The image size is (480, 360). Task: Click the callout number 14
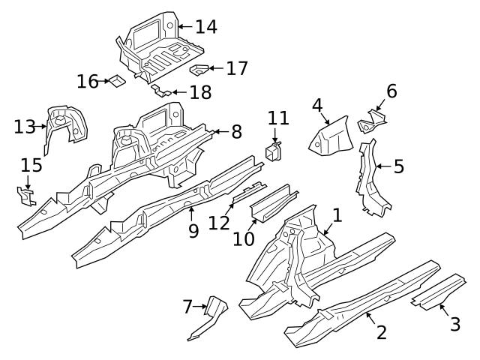click(x=205, y=27)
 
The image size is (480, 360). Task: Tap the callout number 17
click(x=237, y=68)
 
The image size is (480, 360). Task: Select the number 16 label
click(x=88, y=81)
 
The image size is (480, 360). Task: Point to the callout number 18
click(x=200, y=92)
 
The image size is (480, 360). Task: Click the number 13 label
click(x=25, y=126)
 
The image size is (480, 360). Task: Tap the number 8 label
click(x=236, y=132)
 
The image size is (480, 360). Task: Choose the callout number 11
click(x=278, y=118)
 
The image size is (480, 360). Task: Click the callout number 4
click(x=318, y=106)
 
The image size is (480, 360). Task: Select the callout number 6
click(x=391, y=91)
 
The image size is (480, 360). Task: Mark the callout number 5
click(x=398, y=166)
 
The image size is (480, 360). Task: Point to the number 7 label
click(x=188, y=306)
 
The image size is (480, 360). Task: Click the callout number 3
click(x=454, y=324)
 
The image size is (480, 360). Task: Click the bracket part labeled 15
click(x=28, y=196)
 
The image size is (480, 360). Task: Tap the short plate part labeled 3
click(x=439, y=292)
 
